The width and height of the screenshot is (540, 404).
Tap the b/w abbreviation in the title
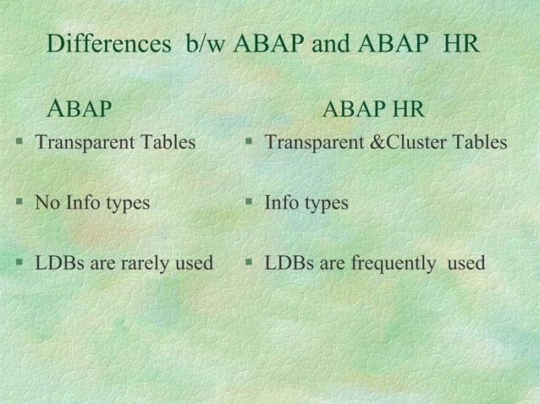[x=206, y=43]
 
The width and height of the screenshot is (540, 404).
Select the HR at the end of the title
[x=461, y=43]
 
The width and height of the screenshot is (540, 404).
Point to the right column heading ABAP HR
[x=374, y=110]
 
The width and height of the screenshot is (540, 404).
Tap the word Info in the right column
[x=283, y=203]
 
